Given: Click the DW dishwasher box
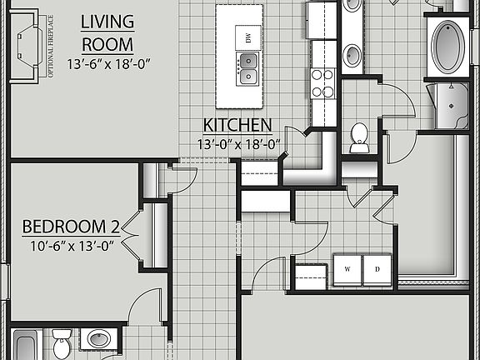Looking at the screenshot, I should click(x=247, y=37).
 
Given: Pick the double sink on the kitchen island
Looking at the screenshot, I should click(x=247, y=67).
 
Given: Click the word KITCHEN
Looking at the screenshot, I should click(x=237, y=126).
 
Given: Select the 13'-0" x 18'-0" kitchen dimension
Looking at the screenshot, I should click(x=237, y=144).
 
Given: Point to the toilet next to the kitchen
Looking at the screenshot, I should click(x=360, y=137).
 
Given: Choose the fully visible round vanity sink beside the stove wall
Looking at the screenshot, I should click(x=353, y=55).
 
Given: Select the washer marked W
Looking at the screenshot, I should click(x=347, y=269).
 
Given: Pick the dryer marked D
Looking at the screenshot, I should click(x=377, y=269).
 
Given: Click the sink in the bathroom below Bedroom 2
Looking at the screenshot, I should click(x=99, y=340).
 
